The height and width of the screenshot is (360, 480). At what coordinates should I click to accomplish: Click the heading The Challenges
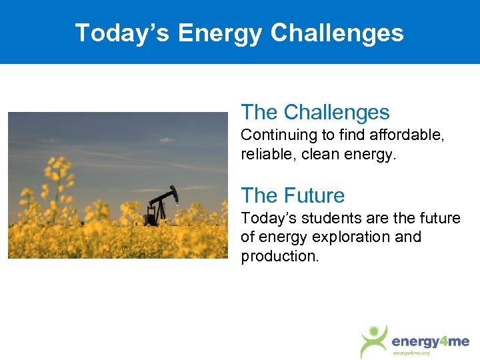pos(315,112)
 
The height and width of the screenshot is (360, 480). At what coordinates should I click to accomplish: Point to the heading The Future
pos(293,195)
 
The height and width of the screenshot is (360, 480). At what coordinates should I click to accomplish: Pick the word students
pos(327,218)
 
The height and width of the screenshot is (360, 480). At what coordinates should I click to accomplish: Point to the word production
pos(279,257)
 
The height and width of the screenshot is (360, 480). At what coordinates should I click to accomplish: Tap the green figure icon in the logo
pos(375,340)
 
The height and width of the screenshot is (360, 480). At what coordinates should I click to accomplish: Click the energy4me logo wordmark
pos(430,341)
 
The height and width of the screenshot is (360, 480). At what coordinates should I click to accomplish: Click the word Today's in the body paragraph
pos(269,218)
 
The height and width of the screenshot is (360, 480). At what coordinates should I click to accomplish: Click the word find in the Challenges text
pos(352,135)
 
